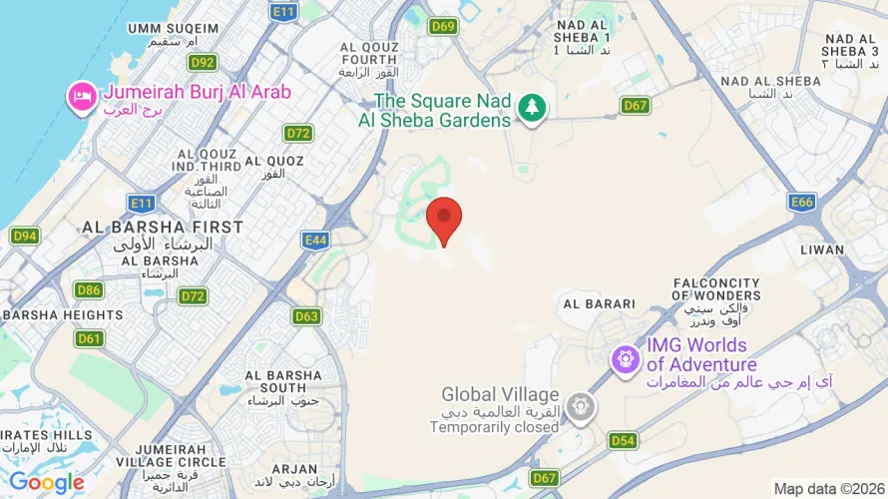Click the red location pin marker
444,219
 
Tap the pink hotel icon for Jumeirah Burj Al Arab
80,96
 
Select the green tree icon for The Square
533,109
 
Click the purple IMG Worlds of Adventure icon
626,357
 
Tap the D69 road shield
444,26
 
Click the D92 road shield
203,63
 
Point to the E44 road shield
315,239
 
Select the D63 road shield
307,316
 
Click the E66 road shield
802,203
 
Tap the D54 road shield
623,440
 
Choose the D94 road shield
25,237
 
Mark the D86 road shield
89,290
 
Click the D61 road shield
90,338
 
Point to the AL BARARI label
599,303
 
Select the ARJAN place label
293,468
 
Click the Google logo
47,483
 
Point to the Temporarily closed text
494,427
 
